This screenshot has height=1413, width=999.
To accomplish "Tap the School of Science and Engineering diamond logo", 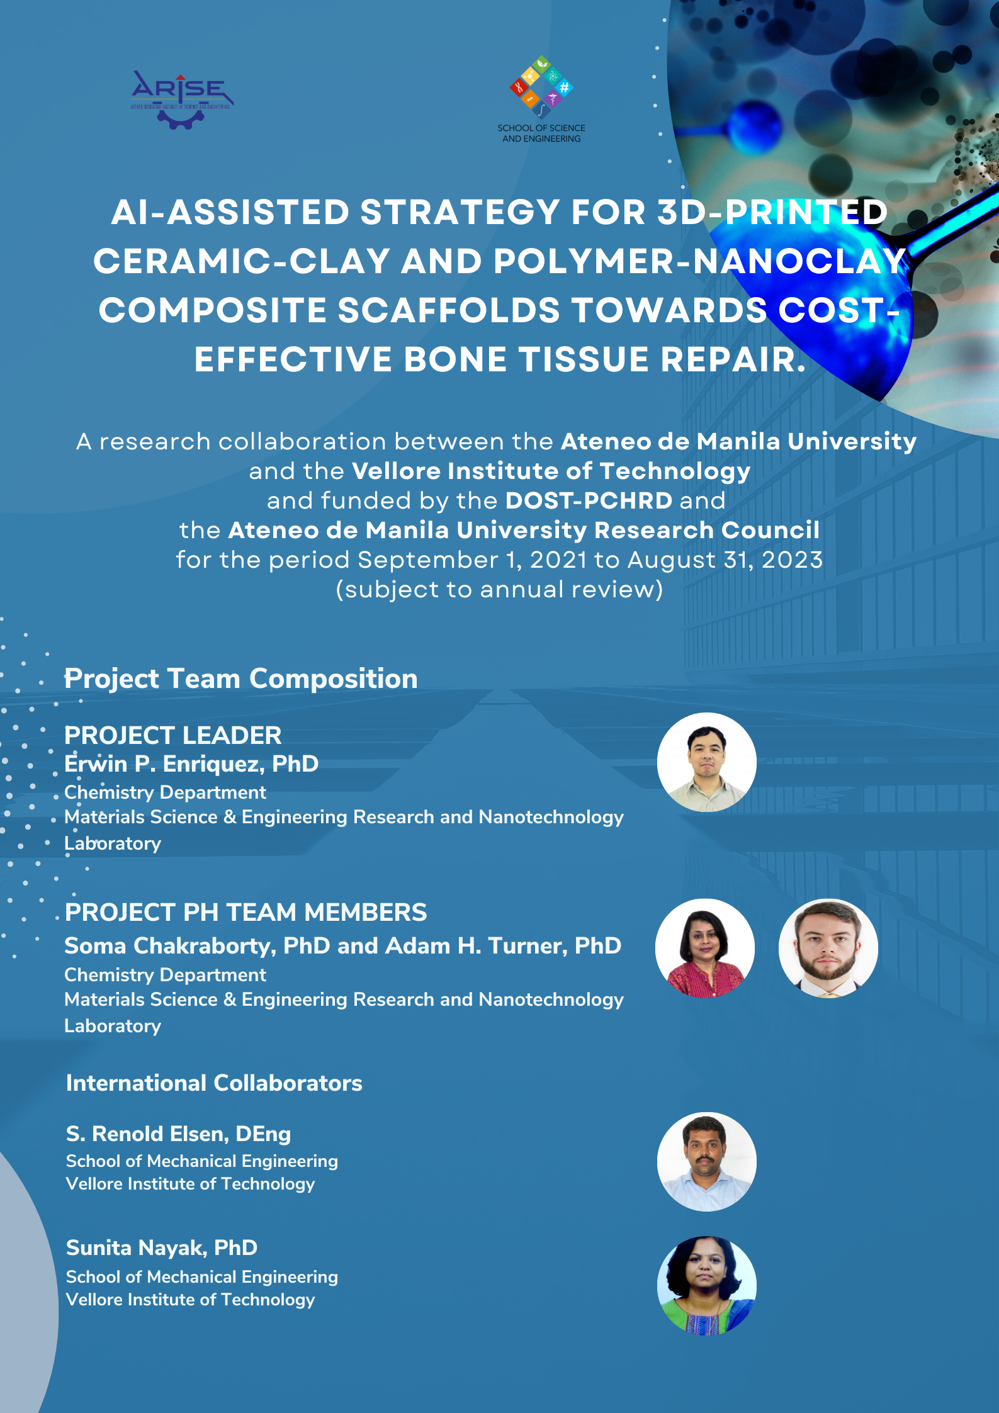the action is coord(541,87).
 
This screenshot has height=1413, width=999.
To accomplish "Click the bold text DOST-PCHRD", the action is coord(589,500).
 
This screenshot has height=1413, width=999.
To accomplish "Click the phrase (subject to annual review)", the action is coord(499,590).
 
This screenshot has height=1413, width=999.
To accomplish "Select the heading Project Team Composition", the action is coord(241,679).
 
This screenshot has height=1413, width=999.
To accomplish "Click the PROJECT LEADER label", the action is coord(173,735).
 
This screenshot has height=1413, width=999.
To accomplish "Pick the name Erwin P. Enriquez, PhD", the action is coord(191,763).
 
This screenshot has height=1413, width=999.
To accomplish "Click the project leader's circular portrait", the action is coord(707,762).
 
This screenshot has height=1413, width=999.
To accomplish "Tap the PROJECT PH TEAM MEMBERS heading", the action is coord(246,912).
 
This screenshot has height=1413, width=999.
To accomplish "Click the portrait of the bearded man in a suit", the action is coord(828,948).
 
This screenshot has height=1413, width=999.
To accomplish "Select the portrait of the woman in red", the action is coord(705,948).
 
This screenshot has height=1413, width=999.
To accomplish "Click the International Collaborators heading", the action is coord(214,1083).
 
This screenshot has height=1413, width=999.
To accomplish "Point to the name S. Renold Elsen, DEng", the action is coord(179,1134).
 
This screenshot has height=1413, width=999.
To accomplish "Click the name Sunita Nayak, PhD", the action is coord(162,1247).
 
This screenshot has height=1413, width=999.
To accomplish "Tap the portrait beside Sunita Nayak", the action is coord(707,1286).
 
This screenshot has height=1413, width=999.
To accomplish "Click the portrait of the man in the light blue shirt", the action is coord(707,1162).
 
